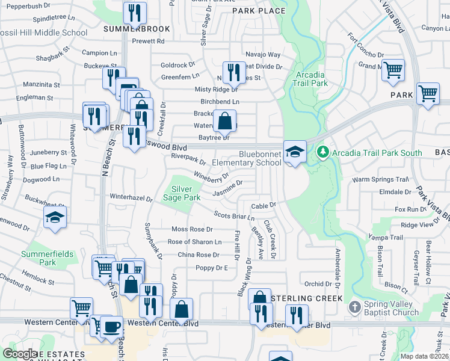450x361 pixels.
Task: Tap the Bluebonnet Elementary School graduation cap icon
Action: click(x=295, y=152)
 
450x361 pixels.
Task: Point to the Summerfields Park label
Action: click(x=48, y=258)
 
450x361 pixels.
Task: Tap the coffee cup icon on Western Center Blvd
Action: click(x=111, y=326)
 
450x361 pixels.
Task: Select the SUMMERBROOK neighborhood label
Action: click(x=129, y=28)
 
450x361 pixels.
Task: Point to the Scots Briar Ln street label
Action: click(x=235, y=215)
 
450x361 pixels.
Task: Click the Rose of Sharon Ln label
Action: click(x=194, y=242)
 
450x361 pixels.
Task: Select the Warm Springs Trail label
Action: click(x=381, y=179)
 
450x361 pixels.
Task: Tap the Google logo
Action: click(x=19, y=354)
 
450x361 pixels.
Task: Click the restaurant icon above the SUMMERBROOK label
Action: click(x=135, y=12)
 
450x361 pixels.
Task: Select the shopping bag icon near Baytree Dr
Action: click(x=224, y=120)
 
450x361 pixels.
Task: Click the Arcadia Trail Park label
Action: click(x=312, y=79)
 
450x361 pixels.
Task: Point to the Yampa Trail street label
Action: click(x=389, y=237)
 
